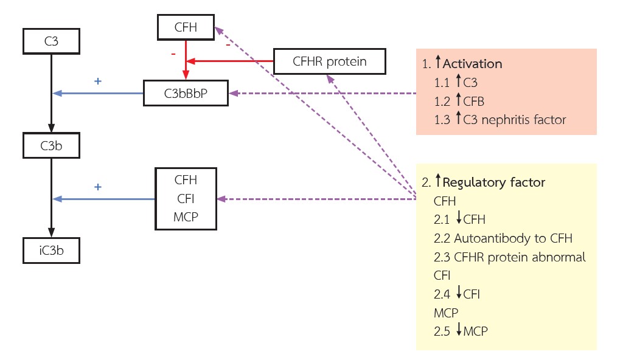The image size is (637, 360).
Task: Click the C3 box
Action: (x=51, y=41)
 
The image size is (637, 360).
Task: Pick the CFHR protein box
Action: (x=329, y=61)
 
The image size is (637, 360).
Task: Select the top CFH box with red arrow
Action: (x=186, y=27)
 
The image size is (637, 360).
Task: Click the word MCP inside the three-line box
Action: (x=186, y=216)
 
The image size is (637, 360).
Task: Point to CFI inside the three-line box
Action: (x=186, y=198)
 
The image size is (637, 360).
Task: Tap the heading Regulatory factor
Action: (x=494, y=182)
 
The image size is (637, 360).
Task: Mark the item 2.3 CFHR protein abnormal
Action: (x=510, y=257)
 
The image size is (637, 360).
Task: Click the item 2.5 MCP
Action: (x=461, y=331)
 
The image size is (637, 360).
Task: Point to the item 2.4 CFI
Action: (x=457, y=294)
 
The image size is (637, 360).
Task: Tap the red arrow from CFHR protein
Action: (x=231, y=61)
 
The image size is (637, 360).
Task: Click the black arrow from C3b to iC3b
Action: (x=51, y=198)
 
